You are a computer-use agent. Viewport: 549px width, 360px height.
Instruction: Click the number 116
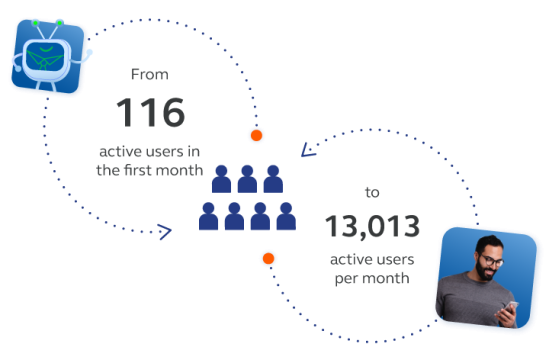(150, 112)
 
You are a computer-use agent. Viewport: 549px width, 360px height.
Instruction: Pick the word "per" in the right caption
(346, 279)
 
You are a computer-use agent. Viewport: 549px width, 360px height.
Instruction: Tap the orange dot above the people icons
(256, 134)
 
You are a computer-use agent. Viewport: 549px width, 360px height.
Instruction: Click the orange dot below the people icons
(267, 260)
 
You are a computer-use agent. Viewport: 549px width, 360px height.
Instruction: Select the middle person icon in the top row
(247, 180)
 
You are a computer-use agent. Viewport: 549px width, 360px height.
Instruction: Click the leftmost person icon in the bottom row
(209, 217)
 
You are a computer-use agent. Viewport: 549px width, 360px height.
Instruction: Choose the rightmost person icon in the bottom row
(286, 217)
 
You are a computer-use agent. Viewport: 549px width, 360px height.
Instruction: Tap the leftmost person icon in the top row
(221, 180)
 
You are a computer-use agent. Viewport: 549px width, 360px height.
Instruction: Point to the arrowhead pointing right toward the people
(166, 233)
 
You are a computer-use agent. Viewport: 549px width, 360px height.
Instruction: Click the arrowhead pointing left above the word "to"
(308, 153)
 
